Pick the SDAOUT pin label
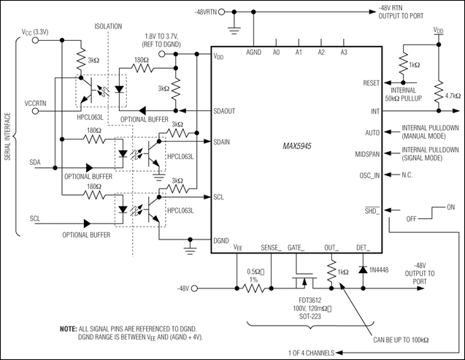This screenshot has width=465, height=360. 228,111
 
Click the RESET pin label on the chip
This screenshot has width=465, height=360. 371,83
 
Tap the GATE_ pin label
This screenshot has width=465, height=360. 298,248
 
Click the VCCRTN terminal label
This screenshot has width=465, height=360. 36,102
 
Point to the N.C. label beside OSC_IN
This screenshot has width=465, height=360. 411,175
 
